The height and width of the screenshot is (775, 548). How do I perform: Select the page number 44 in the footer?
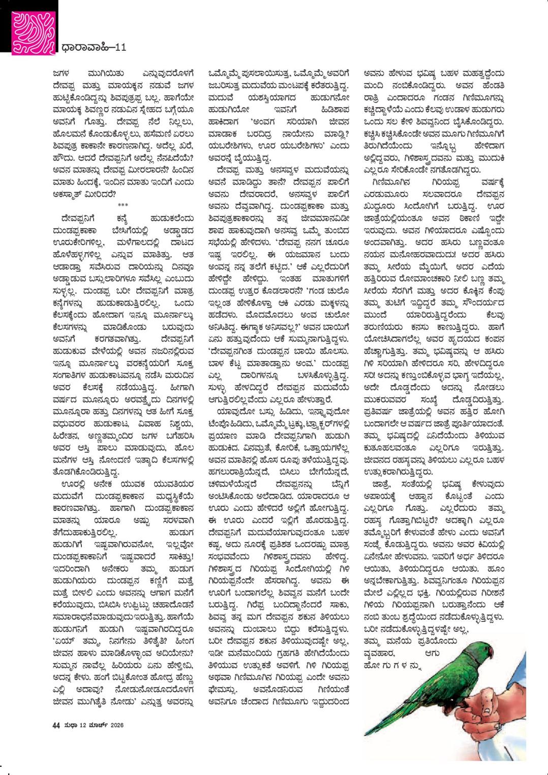click(x=56, y=725)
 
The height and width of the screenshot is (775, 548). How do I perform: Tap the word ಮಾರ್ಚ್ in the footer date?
click(x=96, y=725)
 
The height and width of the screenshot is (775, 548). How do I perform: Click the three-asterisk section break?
click(x=123, y=205)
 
